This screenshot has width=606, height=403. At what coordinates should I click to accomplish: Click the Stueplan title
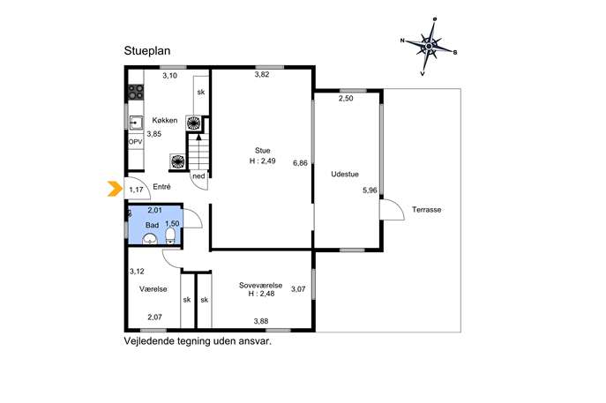pyautogui.click(x=147, y=51)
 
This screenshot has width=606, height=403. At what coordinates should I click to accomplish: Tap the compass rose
pyautogui.click(x=429, y=47)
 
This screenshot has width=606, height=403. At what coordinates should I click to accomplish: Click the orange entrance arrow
pyautogui.click(x=115, y=189)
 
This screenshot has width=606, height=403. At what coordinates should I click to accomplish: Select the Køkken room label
pyautogui.click(x=165, y=120)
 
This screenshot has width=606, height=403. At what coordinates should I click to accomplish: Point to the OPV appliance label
pyautogui.click(x=135, y=142)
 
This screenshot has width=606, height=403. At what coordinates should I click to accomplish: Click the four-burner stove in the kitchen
pyautogui.click(x=136, y=92)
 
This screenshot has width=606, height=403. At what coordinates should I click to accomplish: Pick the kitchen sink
pyautogui.click(x=136, y=123)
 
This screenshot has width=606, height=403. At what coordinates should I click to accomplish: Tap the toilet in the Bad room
pyautogui.click(x=170, y=236)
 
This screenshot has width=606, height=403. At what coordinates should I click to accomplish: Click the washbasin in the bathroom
pyautogui.click(x=150, y=240)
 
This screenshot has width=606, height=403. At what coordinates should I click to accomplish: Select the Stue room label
pyautogui.click(x=262, y=150)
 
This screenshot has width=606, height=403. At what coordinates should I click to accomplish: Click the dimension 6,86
pyautogui.click(x=300, y=163)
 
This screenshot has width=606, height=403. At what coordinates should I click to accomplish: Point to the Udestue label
pyautogui.click(x=345, y=175)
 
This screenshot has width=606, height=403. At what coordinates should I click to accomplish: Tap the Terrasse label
pyautogui.click(x=426, y=210)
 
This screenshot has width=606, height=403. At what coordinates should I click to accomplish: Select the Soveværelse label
pyautogui.click(x=260, y=286)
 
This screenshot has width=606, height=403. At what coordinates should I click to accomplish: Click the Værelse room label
pyautogui.click(x=153, y=289)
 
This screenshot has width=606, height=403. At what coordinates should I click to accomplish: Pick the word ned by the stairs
pyautogui.click(x=198, y=176)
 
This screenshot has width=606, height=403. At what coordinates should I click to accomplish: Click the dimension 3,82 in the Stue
pyautogui.click(x=262, y=75)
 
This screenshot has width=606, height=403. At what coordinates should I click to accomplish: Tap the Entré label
pyautogui.click(x=161, y=187)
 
